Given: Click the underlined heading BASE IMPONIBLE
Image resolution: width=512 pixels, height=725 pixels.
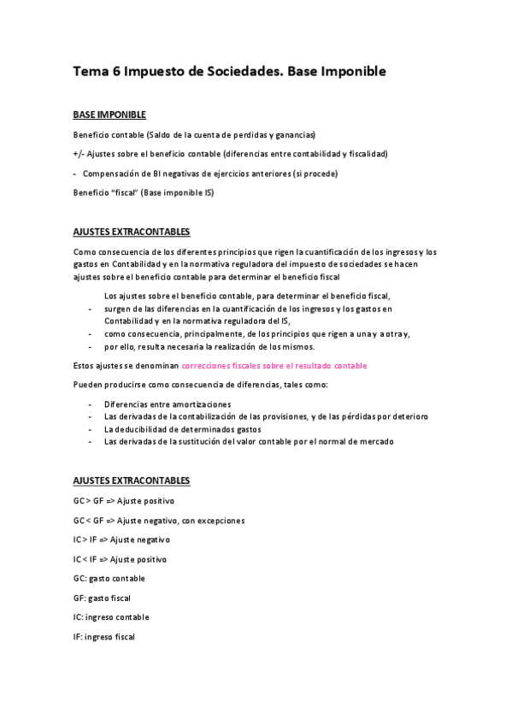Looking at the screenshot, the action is click(x=109, y=115).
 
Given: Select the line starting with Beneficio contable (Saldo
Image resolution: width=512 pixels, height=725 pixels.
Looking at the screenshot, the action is click(x=194, y=135).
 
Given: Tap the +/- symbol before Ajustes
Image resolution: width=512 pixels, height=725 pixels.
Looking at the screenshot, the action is click(x=78, y=154).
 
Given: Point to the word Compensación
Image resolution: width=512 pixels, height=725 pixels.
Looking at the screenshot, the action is click(x=112, y=174).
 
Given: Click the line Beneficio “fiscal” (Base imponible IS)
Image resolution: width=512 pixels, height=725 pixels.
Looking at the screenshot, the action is click(x=144, y=192).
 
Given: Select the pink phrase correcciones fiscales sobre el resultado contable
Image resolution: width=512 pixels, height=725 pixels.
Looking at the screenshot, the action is click(x=274, y=366).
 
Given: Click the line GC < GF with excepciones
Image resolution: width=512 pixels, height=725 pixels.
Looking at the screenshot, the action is click(x=159, y=521).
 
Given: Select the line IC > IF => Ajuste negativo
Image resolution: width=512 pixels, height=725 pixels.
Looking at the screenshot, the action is click(x=121, y=539).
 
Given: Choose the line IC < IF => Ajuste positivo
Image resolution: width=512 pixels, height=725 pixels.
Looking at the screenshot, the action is click(x=121, y=559).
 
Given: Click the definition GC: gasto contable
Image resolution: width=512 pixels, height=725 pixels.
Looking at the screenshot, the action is click(x=109, y=579).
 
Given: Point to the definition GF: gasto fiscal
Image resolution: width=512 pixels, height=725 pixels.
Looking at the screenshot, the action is click(x=102, y=598).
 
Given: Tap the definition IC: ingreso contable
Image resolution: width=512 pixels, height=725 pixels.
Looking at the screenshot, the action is click(x=111, y=617).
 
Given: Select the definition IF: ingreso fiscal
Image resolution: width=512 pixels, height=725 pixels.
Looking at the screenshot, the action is click(x=104, y=637).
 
